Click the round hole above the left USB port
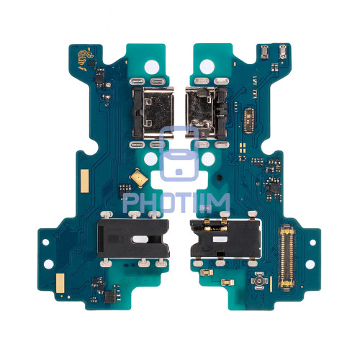point(153,64)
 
